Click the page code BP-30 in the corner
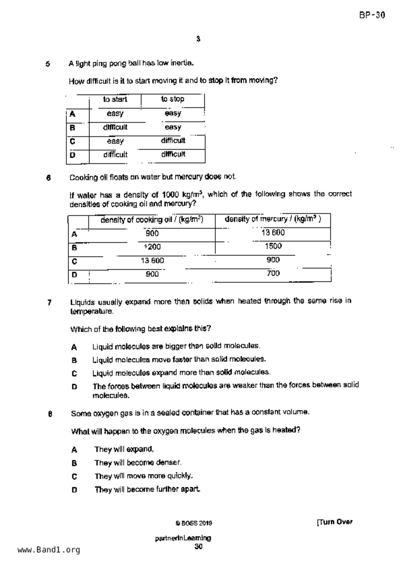[x=372, y=15]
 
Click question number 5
[x=48, y=64]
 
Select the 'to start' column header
[x=115, y=99]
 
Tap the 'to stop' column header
[x=173, y=99]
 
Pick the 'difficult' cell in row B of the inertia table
[x=115, y=127]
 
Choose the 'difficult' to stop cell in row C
[x=173, y=141]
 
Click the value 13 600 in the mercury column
[x=273, y=233]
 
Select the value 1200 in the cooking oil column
[x=152, y=247]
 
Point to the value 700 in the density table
[x=273, y=273]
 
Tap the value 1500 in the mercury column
[x=273, y=246]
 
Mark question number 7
[x=49, y=303]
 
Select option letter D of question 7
[x=74, y=387]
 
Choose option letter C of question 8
[x=74, y=476]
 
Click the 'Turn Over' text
[x=335, y=522]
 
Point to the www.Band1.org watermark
[x=49, y=550]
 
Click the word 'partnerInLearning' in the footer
[x=183, y=538]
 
